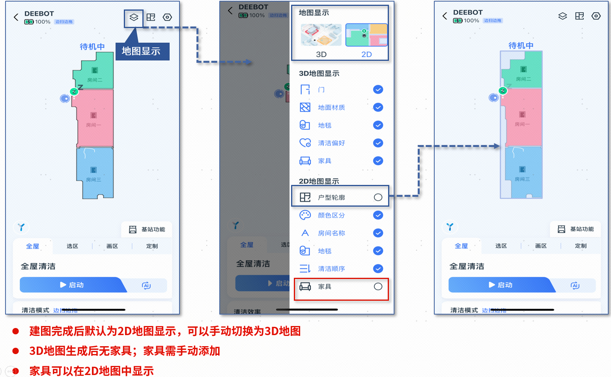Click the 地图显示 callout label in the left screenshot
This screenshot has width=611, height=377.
[142, 51]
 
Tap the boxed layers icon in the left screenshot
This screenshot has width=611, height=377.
[134, 17]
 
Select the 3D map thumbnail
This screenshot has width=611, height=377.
[321, 36]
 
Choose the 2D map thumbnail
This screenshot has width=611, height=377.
[366, 36]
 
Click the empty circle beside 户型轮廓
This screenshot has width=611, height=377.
[378, 197]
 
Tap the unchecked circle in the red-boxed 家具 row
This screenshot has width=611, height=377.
[378, 287]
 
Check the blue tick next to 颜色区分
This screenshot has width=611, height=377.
[378, 215]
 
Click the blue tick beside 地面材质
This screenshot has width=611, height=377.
[378, 107]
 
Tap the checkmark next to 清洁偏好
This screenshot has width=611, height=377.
[378, 143]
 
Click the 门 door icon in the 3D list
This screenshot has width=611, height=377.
[305, 90]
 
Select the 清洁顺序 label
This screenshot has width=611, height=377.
[331, 269]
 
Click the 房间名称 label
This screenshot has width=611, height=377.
[331, 233]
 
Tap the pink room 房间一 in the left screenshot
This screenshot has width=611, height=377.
[94, 119]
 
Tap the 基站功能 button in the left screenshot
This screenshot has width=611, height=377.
[147, 230]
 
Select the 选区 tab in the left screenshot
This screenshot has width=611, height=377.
[72, 246]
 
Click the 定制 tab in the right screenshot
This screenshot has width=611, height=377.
[581, 246]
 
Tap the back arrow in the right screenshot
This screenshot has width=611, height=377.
[445, 16]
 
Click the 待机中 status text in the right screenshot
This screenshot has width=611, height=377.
[521, 45]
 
